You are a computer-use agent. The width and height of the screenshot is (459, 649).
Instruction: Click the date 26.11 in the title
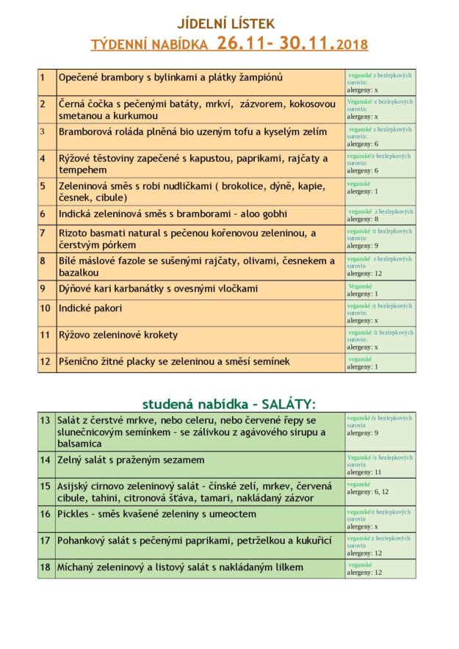click(241, 43)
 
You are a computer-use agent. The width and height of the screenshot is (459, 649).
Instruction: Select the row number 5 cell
click(43, 186)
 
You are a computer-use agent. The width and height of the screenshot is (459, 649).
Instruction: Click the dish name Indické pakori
click(90, 308)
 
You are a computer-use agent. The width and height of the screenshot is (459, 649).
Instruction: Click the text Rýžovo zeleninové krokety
click(118, 335)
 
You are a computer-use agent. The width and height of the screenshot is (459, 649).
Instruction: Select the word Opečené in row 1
click(79, 77)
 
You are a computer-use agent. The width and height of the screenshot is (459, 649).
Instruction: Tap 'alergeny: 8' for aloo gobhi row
click(363, 219)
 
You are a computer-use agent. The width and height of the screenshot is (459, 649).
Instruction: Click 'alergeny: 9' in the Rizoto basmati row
click(363, 245)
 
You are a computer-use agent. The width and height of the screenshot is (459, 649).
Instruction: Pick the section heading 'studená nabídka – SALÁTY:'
click(228, 404)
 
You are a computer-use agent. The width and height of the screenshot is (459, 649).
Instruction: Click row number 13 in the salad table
click(45, 420)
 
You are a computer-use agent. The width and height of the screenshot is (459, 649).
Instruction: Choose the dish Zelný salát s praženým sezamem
click(131, 460)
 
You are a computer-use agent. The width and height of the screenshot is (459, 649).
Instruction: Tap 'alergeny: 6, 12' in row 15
click(368, 492)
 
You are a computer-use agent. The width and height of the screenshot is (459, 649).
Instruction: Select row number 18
click(45, 567)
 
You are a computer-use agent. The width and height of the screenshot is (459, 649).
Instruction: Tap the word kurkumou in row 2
click(134, 116)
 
